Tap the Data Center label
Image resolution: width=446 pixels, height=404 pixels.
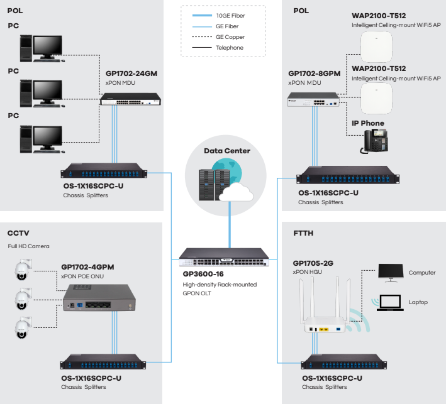[227, 151]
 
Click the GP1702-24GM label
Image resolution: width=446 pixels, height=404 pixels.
[131, 74]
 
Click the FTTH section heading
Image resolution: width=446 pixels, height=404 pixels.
[303, 233]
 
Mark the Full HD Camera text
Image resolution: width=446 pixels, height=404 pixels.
[28, 246]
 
